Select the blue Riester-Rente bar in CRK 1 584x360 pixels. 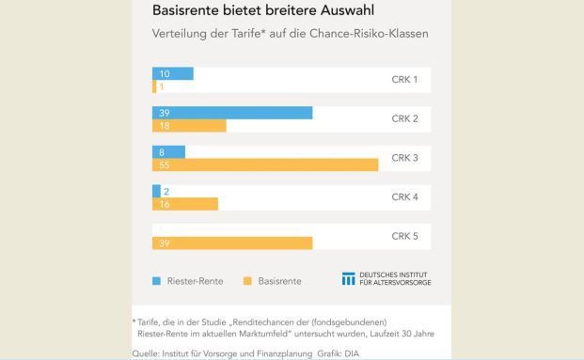(173, 73)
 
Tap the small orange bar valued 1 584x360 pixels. (154, 86)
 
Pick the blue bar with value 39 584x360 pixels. (232, 113)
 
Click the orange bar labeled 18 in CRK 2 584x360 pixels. (189, 126)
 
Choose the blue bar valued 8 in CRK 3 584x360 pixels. (168, 151)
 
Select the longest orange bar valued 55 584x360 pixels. (265, 164)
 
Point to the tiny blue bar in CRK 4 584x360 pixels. (156, 191)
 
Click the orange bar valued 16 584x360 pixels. (185, 204)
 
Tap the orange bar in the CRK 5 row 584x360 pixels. (232, 243)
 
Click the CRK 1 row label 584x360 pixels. (403, 80)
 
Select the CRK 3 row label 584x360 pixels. (404, 158)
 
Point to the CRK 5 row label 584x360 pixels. (404, 236)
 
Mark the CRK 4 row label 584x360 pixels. (404, 197)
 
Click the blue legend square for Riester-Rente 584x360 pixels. (157, 280)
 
